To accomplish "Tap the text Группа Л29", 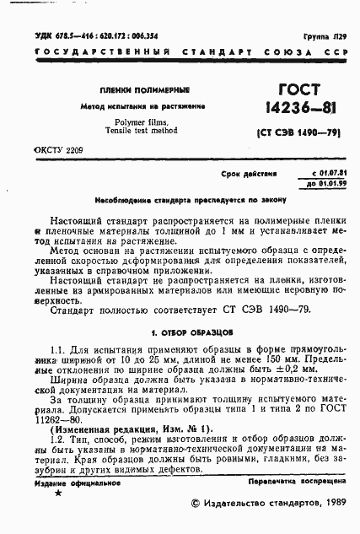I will tap(325, 39).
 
